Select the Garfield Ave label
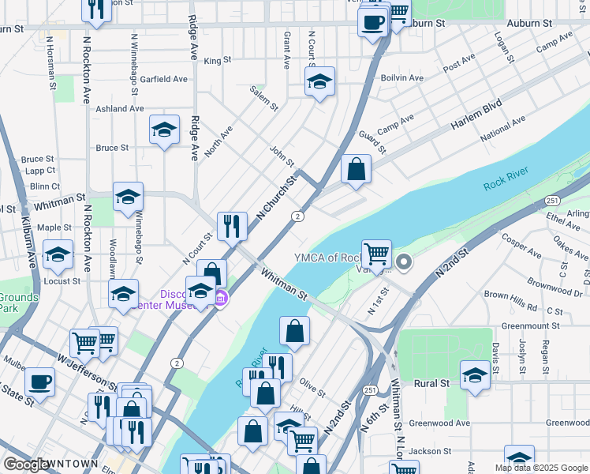tap(163, 79)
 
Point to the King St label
tap(217, 60)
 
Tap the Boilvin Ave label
tap(401, 78)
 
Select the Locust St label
tap(64, 280)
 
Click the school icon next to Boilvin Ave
tap(319, 81)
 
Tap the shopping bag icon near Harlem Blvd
tap(356, 168)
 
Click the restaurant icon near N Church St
tap(232, 226)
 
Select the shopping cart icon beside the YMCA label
tap(377, 254)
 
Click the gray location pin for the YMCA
tap(404, 261)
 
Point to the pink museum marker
tap(222, 299)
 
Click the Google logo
tap(25, 465)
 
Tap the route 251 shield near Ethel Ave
tap(551, 201)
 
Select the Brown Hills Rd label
tap(510, 295)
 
